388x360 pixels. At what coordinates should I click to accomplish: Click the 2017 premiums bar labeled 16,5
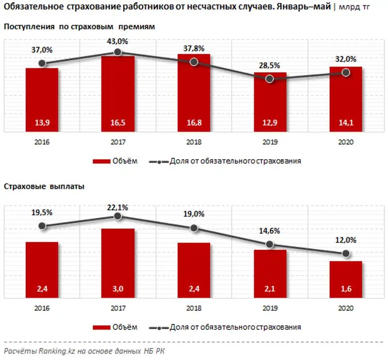coord(118,94)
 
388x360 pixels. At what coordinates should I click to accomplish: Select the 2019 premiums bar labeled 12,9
coord(270,102)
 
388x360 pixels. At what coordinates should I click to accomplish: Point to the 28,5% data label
coord(270,65)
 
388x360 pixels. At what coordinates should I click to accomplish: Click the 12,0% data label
coord(346,240)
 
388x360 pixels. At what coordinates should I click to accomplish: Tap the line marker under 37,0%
coord(42,63)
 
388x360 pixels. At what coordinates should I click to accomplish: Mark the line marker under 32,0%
coord(346,72)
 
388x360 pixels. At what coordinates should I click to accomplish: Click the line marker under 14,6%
coord(270,245)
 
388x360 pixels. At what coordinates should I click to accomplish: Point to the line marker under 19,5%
coord(42,226)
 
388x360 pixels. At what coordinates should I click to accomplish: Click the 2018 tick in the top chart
coord(194,143)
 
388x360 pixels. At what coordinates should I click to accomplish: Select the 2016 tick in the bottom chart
coord(42,308)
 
